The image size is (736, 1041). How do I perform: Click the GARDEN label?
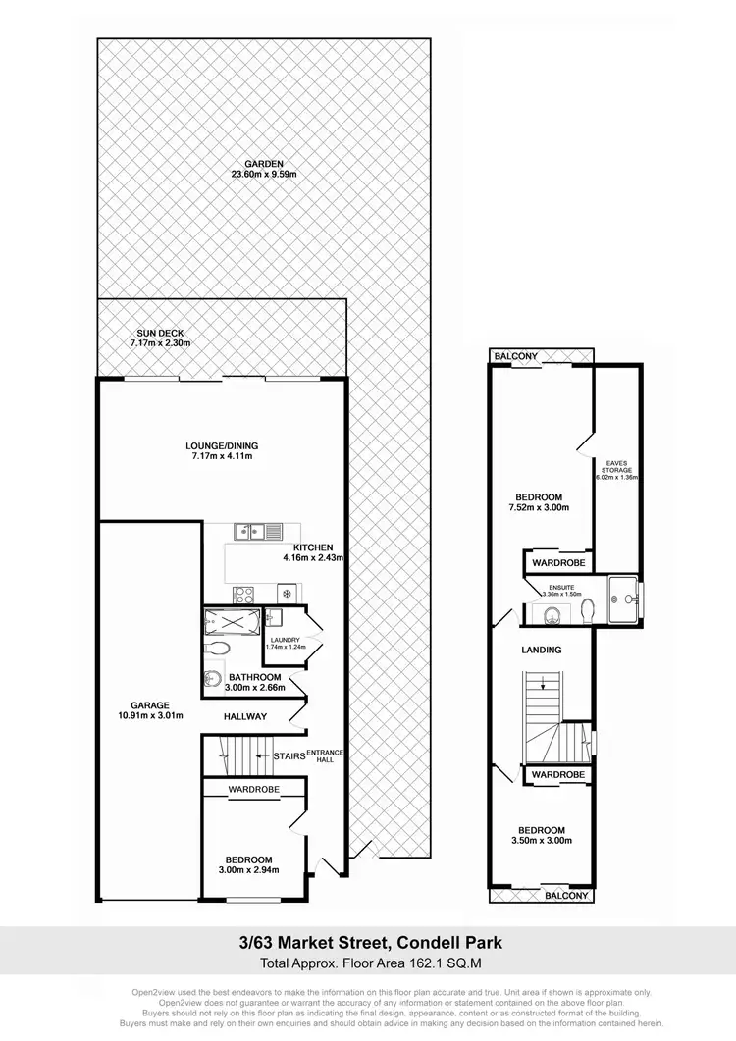(x=264, y=163)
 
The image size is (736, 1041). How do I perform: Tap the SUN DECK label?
(x=159, y=332)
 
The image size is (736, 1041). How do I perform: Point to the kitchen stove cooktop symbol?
(x=244, y=594)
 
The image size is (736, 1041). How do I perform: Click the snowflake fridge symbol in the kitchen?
(x=288, y=594)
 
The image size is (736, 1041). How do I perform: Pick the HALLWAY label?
(x=245, y=716)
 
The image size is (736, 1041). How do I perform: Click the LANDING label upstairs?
(x=541, y=650)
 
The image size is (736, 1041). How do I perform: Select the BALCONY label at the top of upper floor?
(x=516, y=356)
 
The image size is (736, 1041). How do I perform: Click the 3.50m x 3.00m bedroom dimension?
(x=542, y=840)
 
